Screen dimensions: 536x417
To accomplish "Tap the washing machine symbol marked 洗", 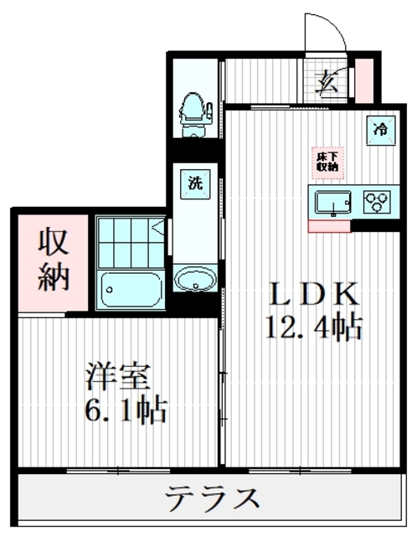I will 194,183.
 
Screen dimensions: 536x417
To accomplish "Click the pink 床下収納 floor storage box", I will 327,160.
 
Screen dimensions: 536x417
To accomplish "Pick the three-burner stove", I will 377,202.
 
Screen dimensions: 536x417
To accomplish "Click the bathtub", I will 131,290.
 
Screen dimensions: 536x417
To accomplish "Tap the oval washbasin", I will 196,279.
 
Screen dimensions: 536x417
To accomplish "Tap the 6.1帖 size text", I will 125,411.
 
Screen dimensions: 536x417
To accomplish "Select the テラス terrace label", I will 212,500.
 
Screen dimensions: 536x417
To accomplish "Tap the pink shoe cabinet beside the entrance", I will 366,79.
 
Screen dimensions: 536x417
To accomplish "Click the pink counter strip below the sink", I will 329,225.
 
